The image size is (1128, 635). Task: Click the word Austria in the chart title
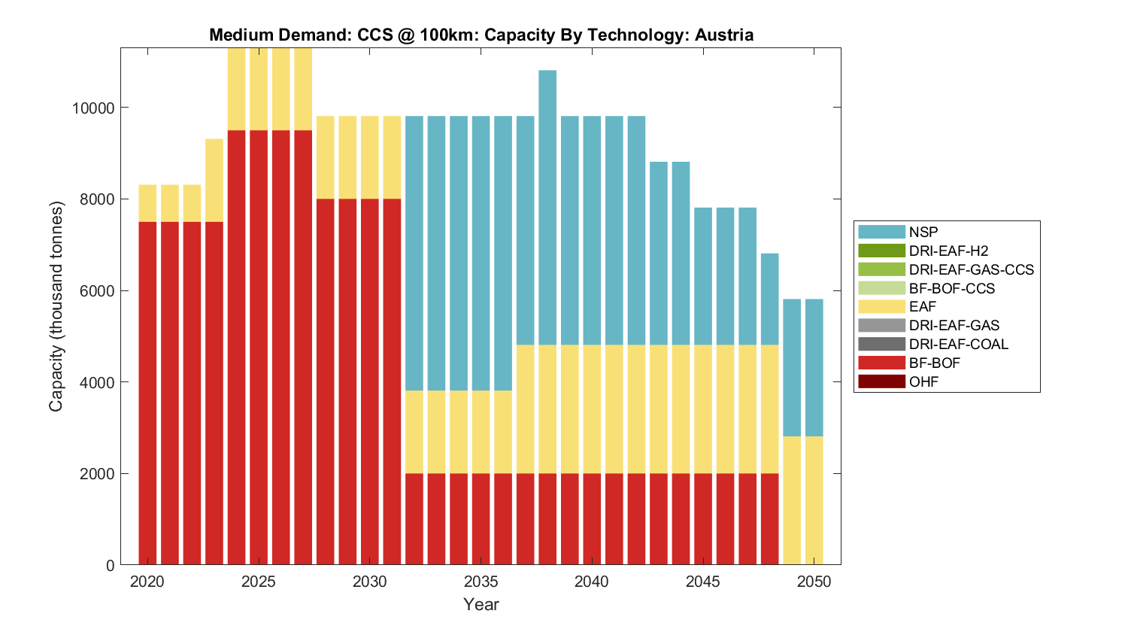pyautogui.click(x=724, y=35)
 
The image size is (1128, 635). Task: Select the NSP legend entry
pyautogui.click(x=923, y=232)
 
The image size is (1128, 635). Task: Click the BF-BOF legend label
pyautogui.click(x=934, y=363)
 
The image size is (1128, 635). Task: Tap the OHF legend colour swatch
pyautogui.click(x=881, y=381)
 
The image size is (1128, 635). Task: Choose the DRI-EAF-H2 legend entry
pyautogui.click(x=948, y=251)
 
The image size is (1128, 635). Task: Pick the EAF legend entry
pyautogui.click(x=923, y=306)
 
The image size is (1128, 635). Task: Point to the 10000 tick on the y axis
pyautogui.click(x=93, y=108)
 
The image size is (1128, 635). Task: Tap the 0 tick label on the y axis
pyautogui.click(x=111, y=565)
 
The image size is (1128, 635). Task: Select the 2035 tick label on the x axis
pyautogui.click(x=481, y=582)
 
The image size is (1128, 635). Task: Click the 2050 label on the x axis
pyautogui.click(x=814, y=582)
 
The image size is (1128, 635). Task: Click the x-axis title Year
pyautogui.click(x=481, y=604)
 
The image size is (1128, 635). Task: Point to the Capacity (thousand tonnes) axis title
pyautogui.click(x=56, y=306)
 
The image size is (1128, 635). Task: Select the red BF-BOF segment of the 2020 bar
pyautogui.click(x=147, y=391)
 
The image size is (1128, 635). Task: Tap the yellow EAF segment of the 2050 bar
pyautogui.click(x=814, y=500)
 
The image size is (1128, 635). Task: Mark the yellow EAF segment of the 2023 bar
pyautogui.click(x=214, y=181)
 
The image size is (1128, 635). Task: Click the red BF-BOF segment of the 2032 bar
pyautogui.click(x=414, y=519)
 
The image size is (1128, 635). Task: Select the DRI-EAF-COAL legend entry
pyautogui.click(x=958, y=344)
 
